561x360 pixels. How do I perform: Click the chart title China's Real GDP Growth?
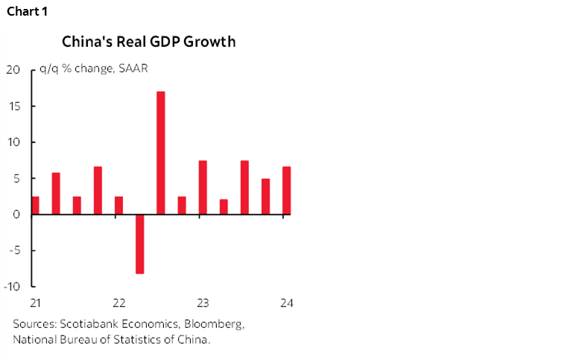(x=148, y=42)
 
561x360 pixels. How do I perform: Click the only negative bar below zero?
(x=139, y=244)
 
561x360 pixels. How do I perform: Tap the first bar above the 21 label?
(x=35, y=206)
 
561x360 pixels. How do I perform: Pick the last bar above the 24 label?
(x=286, y=191)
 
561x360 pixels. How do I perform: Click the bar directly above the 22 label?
(x=118, y=206)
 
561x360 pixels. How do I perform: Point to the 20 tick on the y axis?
(x=13, y=71)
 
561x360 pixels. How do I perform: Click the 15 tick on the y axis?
(x=13, y=107)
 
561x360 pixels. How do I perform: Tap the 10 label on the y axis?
(x=13, y=142)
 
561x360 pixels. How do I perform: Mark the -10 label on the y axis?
(x=11, y=287)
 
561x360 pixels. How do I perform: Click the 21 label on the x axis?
(x=35, y=303)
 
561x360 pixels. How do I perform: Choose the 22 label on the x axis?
(x=118, y=303)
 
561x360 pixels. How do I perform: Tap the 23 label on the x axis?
(x=202, y=303)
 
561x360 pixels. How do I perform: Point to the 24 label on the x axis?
(x=285, y=303)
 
